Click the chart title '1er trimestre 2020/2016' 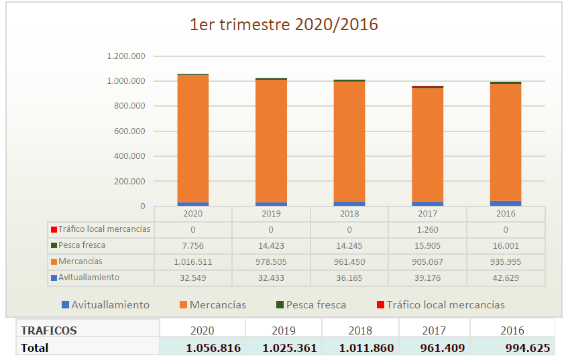pyautogui.click(x=284, y=25)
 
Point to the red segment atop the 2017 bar pyautogui.click(x=427, y=86)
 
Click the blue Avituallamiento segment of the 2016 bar pyautogui.click(x=506, y=203)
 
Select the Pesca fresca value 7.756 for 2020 pyautogui.click(x=193, y=245)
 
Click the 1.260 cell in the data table pyautogui.click(x=427, y=229)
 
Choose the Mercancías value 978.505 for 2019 pyautogui.click(x=271, y=261)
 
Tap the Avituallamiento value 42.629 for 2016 pyautogui.click(x=506, y=278)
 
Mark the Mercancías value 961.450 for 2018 pyautogui.click(x=349, y=261)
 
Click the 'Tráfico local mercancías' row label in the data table pyautogui.click(x=104, y=229)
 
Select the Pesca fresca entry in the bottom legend pyautogui.click(x=316, y=305)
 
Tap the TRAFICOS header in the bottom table pyautogui.click(x=49, y=331)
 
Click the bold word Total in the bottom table pyautogui.click(x=35, y=348)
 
